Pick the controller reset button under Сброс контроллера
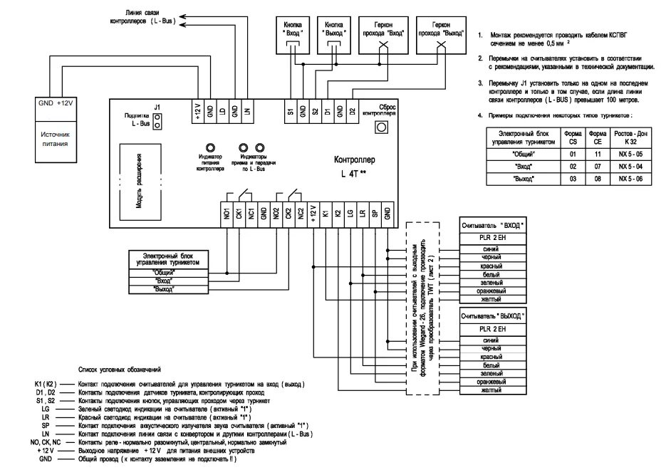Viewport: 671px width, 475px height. [380, 127]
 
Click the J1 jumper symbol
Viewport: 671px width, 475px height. [157, 123]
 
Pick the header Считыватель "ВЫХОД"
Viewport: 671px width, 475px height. [492, 314]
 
